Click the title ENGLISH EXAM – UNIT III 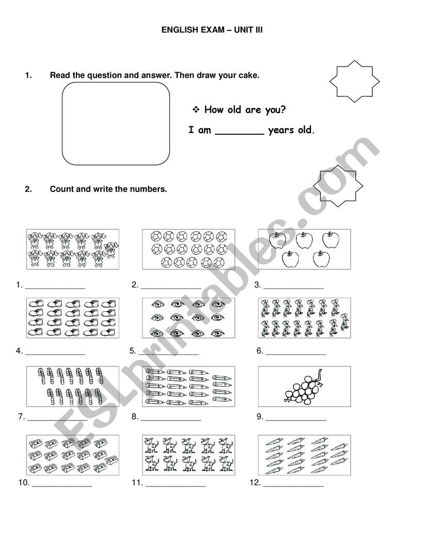tap(212, 30)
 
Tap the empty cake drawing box tap(116, 124)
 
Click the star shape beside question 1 tap(354, 81)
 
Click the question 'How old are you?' tap(245, 109)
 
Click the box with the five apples tap(304, 249)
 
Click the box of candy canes tap(72, 386)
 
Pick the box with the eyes tap(189, 317)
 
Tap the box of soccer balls tap(189, 249)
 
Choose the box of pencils tap(189, 386)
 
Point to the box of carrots tap(304, 454)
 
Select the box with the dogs tap(189, 454)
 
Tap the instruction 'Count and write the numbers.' tap(108, 189)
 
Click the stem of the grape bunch tap(321, 374)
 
